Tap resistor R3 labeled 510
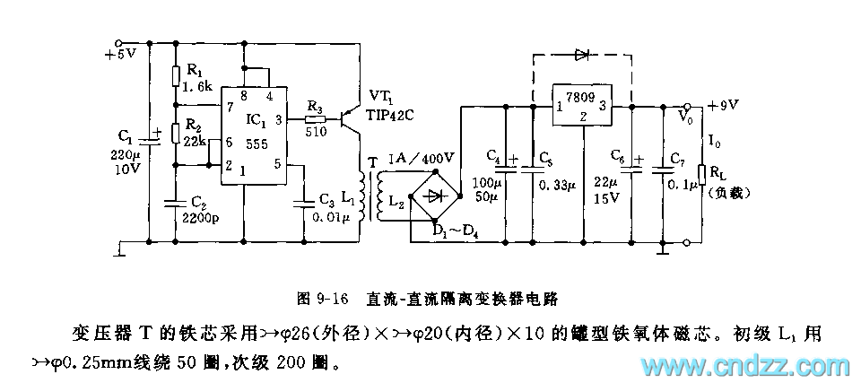[x=314, y=118]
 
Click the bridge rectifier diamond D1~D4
[x=436, y=196]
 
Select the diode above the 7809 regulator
[x=582, y=54]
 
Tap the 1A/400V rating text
[x=422, y=158]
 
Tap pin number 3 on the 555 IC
[x=278, y=118]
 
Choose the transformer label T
[x=371, y=162]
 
